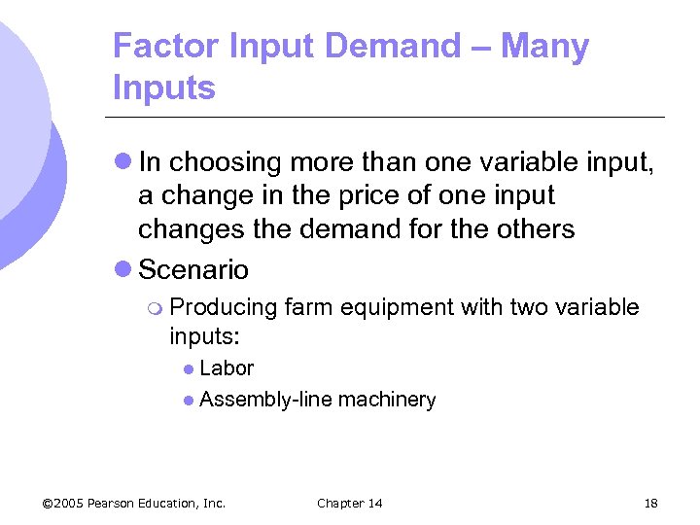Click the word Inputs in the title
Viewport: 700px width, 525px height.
(164, 88)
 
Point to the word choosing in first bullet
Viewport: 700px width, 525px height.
(225, 161)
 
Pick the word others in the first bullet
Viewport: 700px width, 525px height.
(535, 229)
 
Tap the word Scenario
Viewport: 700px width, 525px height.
(194, 269)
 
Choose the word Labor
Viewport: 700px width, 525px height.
(227, 368)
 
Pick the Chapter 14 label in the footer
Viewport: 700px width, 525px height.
(350, 503)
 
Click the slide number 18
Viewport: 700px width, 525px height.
(650, 503)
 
